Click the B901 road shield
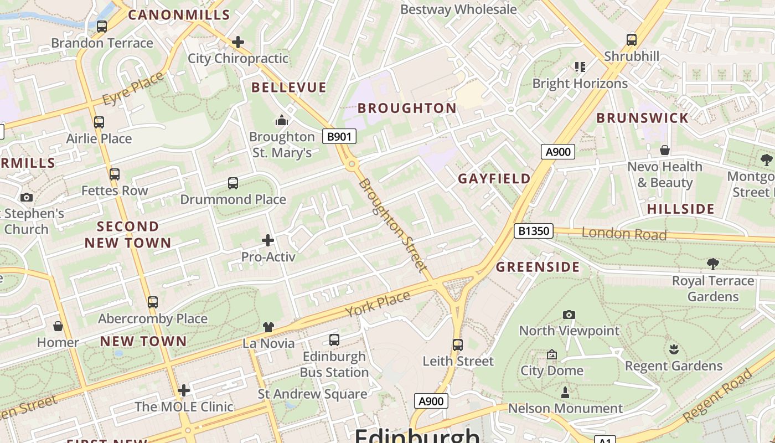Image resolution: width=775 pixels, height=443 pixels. point(339,136)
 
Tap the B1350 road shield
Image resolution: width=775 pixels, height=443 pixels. point(534,230)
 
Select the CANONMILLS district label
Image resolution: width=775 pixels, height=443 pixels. point(179,15)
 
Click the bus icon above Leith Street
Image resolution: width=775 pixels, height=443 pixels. point(457,345)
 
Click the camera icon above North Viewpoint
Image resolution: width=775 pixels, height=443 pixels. point(569,315)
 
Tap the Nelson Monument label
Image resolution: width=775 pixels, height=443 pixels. point(565,409)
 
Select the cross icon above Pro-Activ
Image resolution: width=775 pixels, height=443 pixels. point(268,240)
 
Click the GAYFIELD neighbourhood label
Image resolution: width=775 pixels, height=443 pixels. point(494,178)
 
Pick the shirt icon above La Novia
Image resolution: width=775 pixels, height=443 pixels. point(268,327)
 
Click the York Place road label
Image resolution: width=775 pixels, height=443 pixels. point(378,304)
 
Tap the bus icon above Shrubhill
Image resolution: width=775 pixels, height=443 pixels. point(632,40)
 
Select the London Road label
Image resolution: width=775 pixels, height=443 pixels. point(624,234)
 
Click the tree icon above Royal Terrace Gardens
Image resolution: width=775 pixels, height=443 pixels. point(712,264)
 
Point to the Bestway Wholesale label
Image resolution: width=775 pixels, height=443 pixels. point(458,9)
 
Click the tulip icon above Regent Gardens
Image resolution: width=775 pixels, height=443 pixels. point(674,349)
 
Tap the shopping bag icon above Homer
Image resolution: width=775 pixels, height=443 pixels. point(58,326)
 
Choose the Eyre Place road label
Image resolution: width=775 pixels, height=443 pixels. point(133,89)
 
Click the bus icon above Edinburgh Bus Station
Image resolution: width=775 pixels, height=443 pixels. point(334,340)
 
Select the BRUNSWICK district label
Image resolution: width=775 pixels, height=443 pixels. point(642,117)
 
